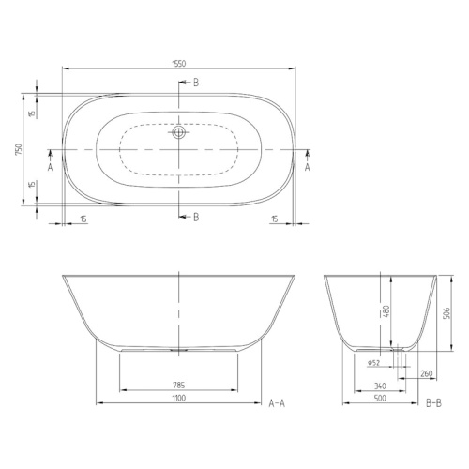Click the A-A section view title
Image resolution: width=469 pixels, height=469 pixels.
tap(277, 404)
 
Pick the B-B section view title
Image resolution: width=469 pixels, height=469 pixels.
tap(434, 404)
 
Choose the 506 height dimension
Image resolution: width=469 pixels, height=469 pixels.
tap(447, 314)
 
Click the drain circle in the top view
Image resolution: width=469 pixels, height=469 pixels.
tap(178, 134)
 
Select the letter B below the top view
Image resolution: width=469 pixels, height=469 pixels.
tap(195, 218)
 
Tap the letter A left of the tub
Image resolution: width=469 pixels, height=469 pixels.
tap(49, 166)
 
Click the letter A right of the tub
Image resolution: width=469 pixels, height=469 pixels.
tap(307, 166)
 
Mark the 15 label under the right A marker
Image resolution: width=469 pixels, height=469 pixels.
tap(275, 219)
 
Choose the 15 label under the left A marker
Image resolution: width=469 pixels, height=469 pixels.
tap(83, 219)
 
